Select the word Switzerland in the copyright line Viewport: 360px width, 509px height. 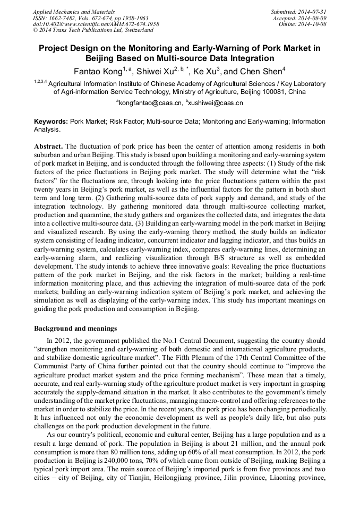coord(130,30)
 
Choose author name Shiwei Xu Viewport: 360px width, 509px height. coord(154,71)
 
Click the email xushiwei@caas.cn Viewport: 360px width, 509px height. coord(215,102)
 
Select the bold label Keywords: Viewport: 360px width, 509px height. coord(51,122)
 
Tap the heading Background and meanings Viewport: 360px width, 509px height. coord(75,329)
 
